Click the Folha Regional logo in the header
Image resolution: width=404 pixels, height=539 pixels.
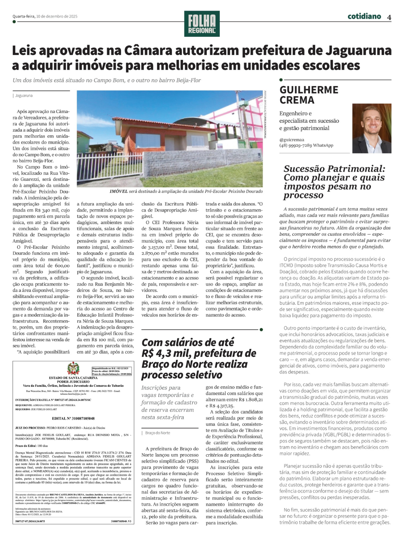pyautogui.click(x=202, y=24)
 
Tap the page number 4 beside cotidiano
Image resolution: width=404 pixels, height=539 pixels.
pyautogui.click(x=389, y=17)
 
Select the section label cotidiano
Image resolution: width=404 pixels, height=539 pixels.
pyautogui.click(x=364, y=16)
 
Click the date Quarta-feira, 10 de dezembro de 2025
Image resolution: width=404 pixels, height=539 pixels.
pyautogui.click(x=45, y=17)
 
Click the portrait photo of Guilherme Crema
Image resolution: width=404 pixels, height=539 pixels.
pyautogui.click(x=372, y=128)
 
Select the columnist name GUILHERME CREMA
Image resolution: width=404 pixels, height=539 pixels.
pyautogui.click(x=309, y=95)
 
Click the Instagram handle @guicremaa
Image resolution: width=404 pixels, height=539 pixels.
pyautogui.click(x=292, y=140)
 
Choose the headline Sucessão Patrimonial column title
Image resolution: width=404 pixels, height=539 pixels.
pyautogui.click(x=334, y=182)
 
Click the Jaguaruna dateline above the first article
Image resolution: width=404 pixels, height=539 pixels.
pyautogui.click(x=24, y=96)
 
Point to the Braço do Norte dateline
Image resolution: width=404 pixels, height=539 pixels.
pyautogui.click(x=158, y=433)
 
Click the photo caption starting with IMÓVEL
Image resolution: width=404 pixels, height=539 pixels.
pyautogui.click(x=186, y=191)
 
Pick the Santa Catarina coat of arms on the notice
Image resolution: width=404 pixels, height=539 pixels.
pyautogui.click(x=73, y=369)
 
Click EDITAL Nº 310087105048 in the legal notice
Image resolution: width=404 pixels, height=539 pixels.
pyautogui.click(x=73, y=418)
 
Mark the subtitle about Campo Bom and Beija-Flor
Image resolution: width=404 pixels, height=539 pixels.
pyautogui.click(x=107, y=80)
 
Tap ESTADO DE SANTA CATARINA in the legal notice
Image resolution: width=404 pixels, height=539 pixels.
pyautogui.click(x=73, y=378)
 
